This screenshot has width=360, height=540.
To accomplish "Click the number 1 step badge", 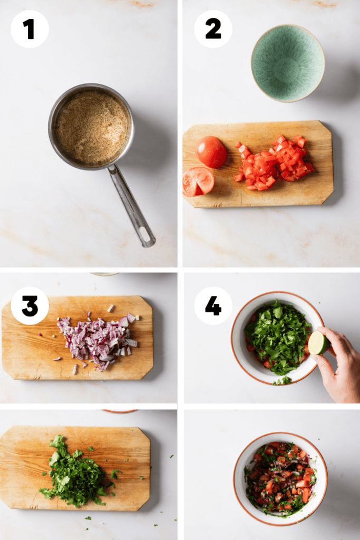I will click(30, 29).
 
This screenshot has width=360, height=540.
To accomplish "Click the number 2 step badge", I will click(213, 29).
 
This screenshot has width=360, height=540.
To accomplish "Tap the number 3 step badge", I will click(30, 306).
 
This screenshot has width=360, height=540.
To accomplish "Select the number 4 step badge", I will click(213, 306).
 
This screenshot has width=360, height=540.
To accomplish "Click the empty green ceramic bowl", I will click(287, 63).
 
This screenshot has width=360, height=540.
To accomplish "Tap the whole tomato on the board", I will click(211, 152).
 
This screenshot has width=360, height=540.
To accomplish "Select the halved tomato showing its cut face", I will click(198, 181).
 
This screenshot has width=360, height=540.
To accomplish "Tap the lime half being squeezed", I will click(318, 343).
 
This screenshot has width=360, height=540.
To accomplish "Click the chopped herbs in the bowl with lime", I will click(277, 335).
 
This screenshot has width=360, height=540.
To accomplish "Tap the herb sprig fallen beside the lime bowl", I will click(283, 380).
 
